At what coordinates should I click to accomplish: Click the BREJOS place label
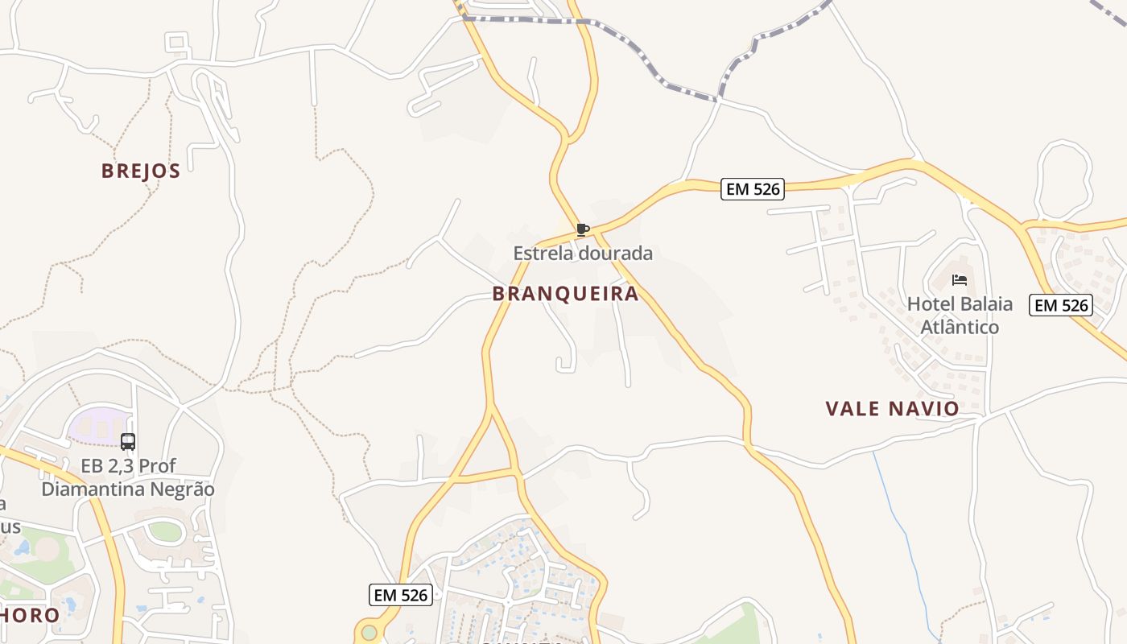(140, 171)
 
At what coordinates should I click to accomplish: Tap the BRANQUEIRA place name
(565, 294)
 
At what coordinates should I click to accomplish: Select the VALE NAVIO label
(892, 409)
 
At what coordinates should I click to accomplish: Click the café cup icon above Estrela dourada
(583, 230)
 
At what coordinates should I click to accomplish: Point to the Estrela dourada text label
(583, 254)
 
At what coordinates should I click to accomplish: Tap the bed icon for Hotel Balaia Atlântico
(959, 280)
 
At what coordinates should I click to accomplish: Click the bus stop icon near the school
(128, 441)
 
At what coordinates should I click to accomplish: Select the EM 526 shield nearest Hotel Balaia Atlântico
(1061, 305)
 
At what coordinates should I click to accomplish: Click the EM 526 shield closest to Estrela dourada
(752, 189)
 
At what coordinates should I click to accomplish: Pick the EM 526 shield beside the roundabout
(401, 596)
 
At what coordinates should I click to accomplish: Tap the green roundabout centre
(369, 631)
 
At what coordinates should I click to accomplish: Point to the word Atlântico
(960, 327)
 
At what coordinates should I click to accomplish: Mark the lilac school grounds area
(97, 424)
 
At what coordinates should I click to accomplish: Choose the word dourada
(617, 254)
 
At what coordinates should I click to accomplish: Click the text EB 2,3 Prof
(128, 466)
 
